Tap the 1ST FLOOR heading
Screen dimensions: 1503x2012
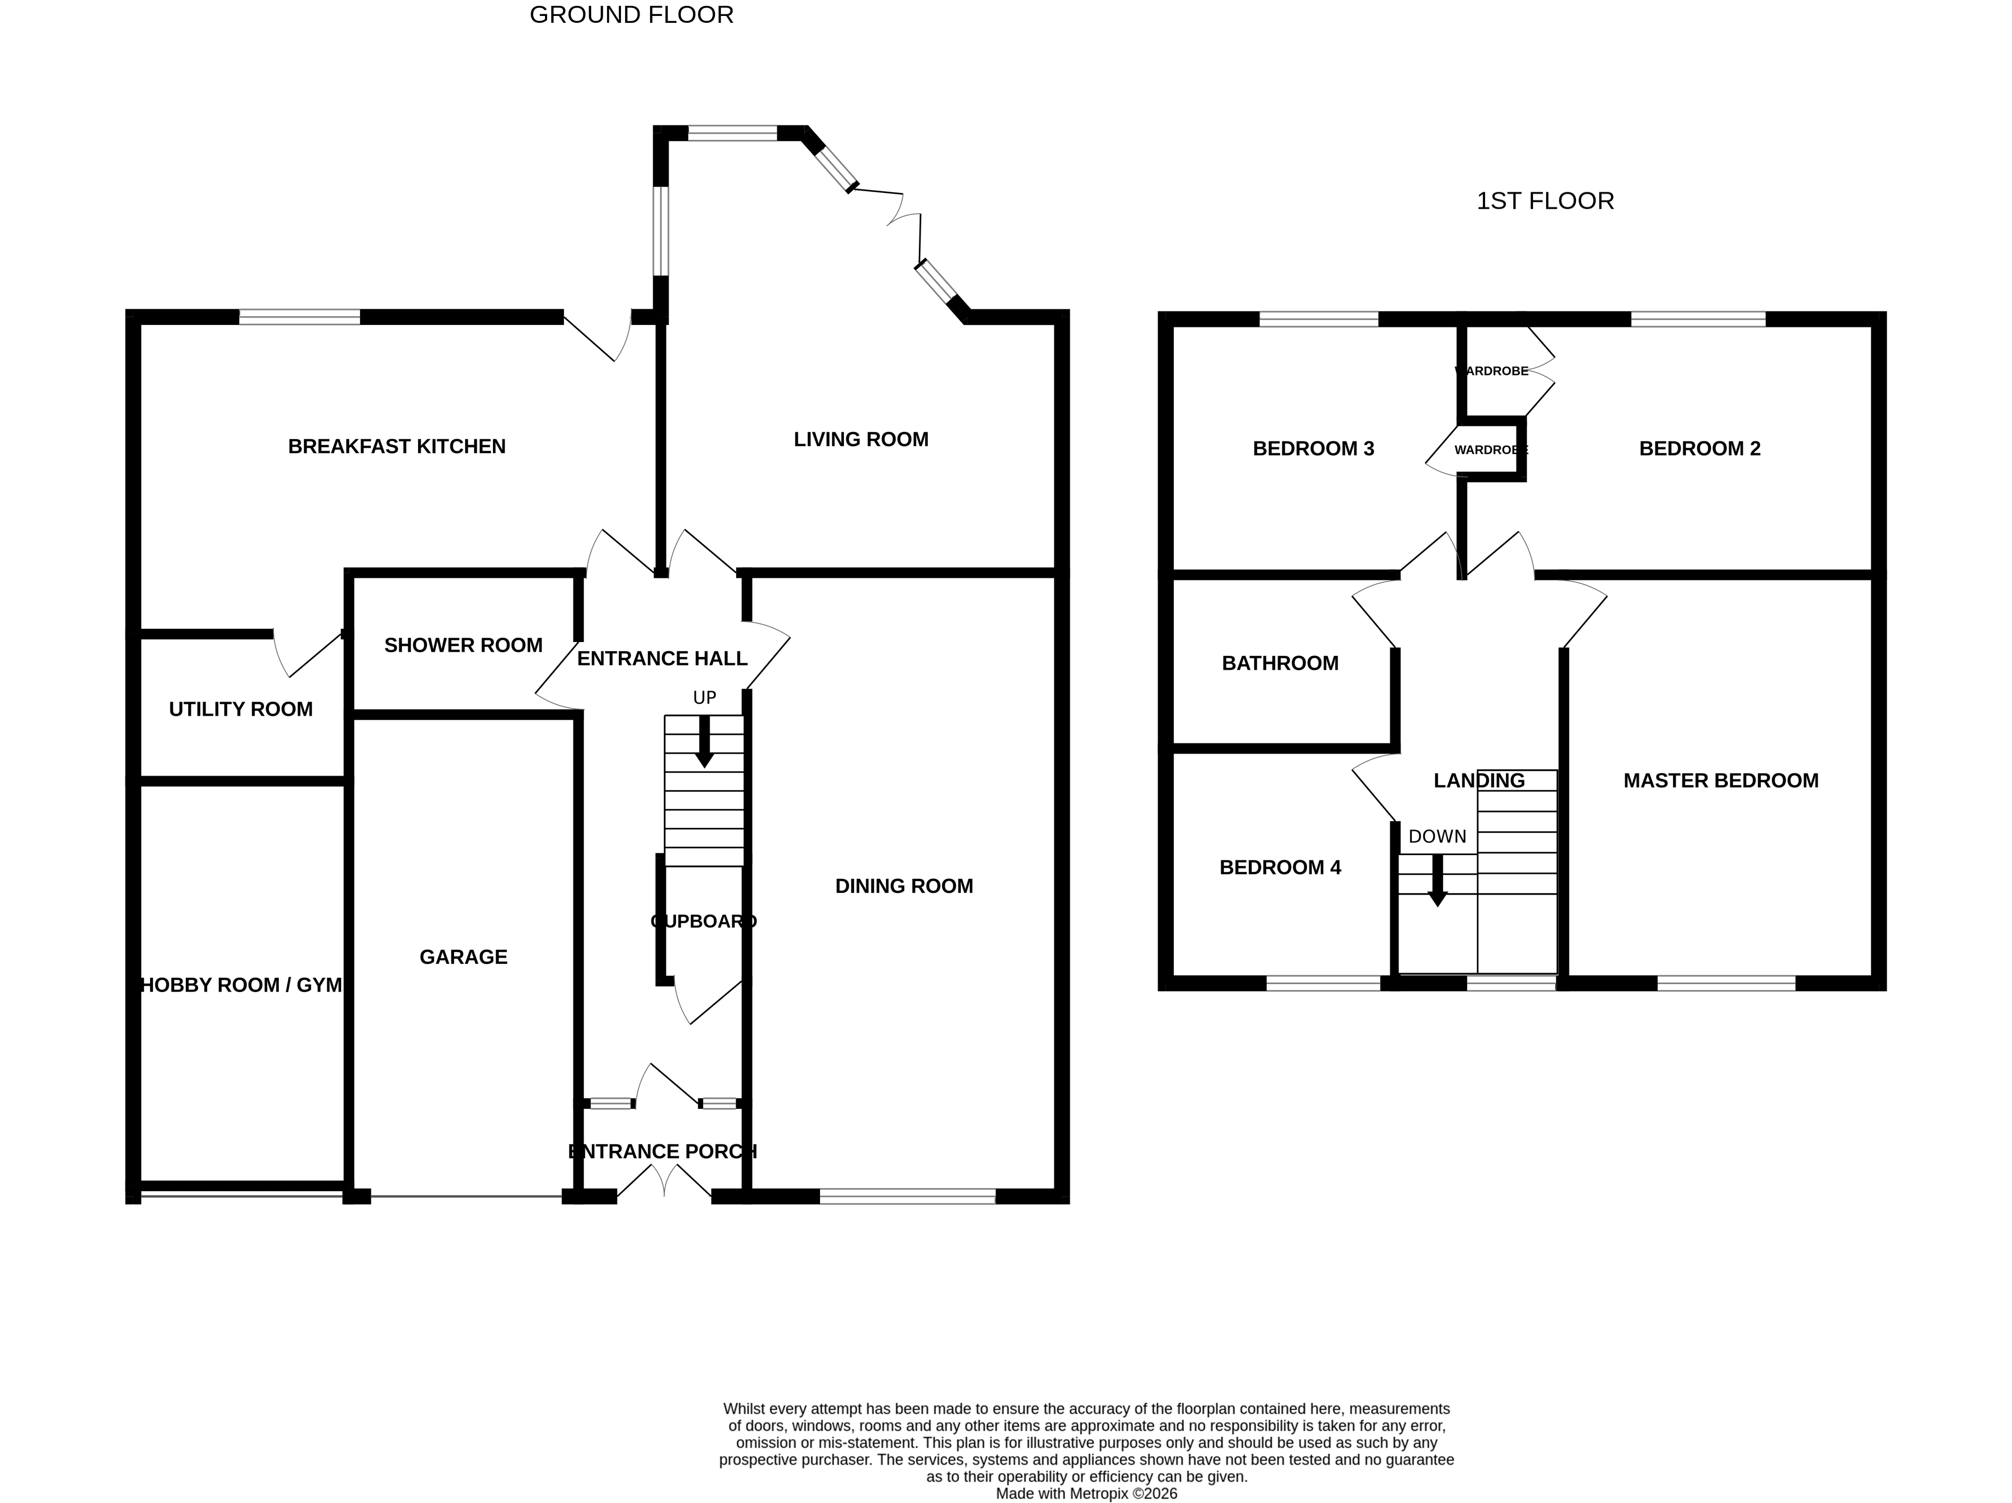click(x=1545, y=201)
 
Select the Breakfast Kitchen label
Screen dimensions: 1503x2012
click(x=397, y=447)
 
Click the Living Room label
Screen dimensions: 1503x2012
click(x=860, y=439)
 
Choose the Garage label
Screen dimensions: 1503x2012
click(x=463, y=957)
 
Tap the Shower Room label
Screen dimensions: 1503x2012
click(x=463, y=645)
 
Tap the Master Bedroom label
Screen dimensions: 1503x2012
click(x=1720, y=780)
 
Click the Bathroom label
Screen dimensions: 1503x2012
click(x=1280, y=663)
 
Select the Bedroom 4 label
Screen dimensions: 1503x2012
click(x=1280, y=867)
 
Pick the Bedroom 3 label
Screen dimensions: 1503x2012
click(x=1312, y=448)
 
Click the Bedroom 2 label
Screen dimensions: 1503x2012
click(x=1699, y=448)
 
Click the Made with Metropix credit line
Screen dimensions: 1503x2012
click(x=1086, y=1493)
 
